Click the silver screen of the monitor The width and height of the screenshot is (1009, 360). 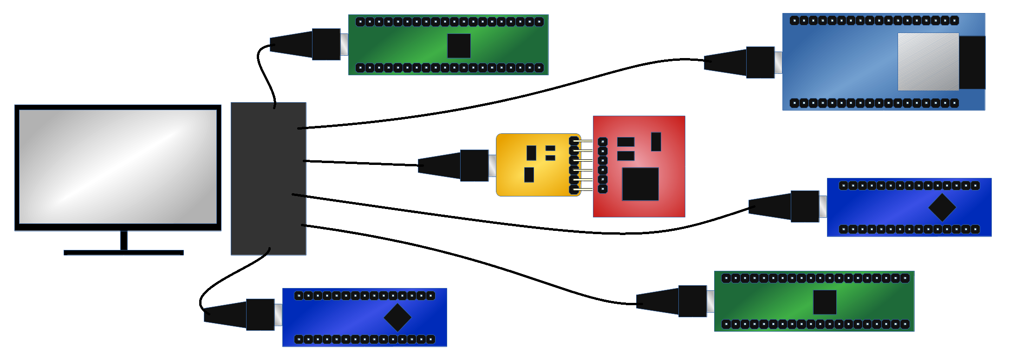pyautogui.click(x=118, y=166)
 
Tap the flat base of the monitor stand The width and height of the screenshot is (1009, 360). pyautogui.click(x=124, y=252)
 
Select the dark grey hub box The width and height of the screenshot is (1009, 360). pyautogui.click(x=268, y=179)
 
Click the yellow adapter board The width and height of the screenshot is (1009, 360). pyautogui.click(x=534, y=165)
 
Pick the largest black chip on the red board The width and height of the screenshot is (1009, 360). pyautogui.click(x=640, y=184)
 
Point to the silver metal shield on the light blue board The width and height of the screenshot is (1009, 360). pyautogui.click(x=928, y=62)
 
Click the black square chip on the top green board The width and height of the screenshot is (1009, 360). pyautogui.click(x=459, y=46)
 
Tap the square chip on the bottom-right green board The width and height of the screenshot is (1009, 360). pyautogui.click(x=825, y=302)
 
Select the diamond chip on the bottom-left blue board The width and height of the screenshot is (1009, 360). pyautogui.click(x=397, y=317)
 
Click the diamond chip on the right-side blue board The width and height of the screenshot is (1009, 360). pyautogui.click(x=942, y=207)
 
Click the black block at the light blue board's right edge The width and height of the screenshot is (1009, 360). pyautogui.click(x=971, y=62)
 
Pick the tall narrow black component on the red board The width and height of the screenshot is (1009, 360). pyautogui.click(x=656, y=142)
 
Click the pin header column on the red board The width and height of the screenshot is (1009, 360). pyautogui.click(x=603, y=165)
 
